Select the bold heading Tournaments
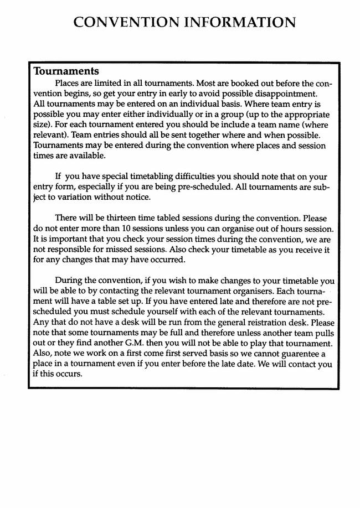pyautogui.click(x=66, y=71)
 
